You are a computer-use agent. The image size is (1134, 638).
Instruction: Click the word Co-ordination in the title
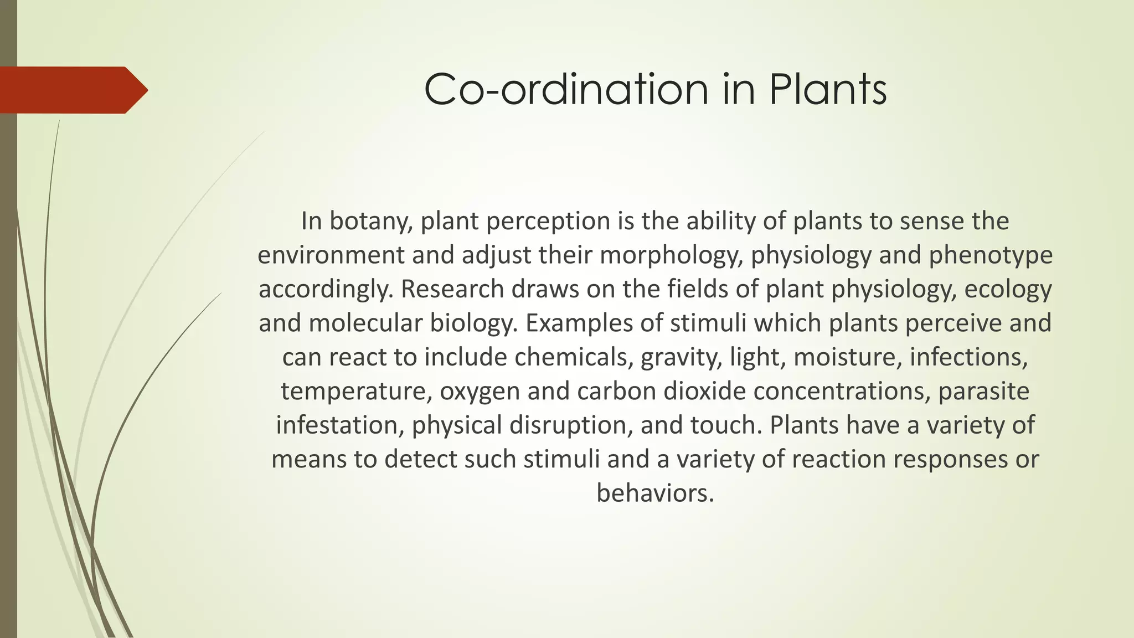click(x=566, y=90)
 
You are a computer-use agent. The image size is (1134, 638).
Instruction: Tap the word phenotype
click(x=991, y=255)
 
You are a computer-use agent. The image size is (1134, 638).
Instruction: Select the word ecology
click(x=1008, y=289)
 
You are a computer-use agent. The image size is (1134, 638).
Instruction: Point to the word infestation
click(x=340, y=425)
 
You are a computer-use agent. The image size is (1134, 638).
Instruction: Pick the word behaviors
click(x=655, y=493)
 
